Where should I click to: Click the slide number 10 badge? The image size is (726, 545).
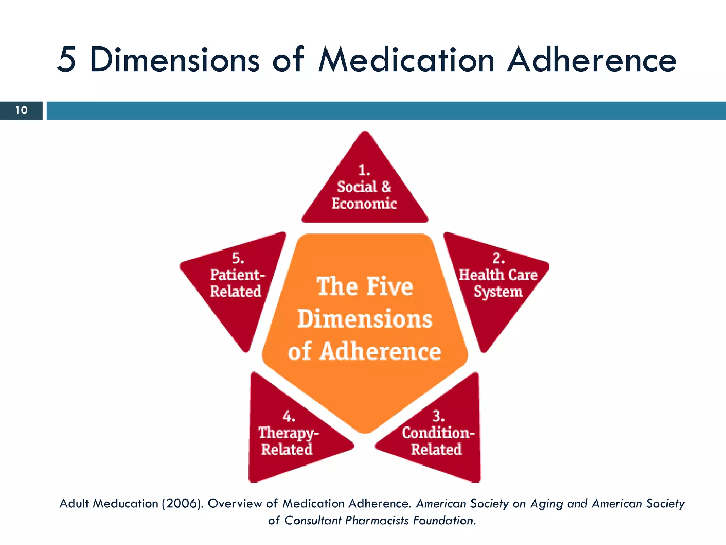click(x=21, y=110)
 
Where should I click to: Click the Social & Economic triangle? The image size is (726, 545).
click(x=364, y=192)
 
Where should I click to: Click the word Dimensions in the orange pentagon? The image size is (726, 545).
click(x=365, y=319)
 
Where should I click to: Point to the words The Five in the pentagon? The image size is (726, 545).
click(x=365, y=286)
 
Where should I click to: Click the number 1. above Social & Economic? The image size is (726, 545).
click(x=364, y=170)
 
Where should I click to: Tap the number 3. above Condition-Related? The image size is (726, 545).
click(x=439, y=415)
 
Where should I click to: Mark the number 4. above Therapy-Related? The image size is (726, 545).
click(x=289, y=416)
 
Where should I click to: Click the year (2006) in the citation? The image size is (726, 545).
click(x=183, y=503)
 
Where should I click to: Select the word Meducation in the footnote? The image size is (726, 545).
click(x=125, y=503)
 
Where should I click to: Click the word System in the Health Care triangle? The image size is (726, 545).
click(x=498, y=292)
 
